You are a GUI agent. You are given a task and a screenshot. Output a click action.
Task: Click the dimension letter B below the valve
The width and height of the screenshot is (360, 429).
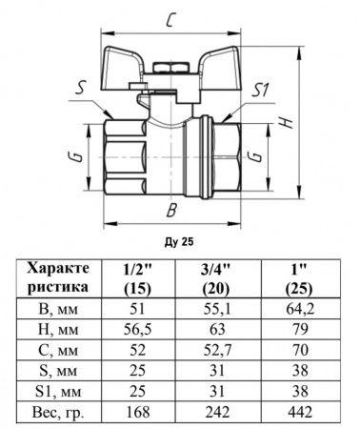tap(171, 210)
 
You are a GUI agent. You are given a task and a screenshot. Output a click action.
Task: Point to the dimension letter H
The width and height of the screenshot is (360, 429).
tap(287, 122)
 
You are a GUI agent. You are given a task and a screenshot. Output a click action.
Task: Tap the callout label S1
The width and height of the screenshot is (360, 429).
tap(260, 92)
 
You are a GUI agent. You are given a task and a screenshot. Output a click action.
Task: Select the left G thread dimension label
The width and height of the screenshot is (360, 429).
tap(78, 157)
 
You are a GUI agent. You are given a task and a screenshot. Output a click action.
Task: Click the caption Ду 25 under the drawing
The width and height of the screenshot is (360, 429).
tap(179, 242)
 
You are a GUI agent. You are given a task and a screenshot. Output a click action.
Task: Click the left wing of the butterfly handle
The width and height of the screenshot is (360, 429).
tap(122, 68)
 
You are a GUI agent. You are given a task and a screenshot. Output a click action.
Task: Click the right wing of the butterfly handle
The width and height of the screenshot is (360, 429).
tap(222, 68)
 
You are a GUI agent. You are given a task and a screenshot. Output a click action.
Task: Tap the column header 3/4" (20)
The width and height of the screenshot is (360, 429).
tap(217, 278)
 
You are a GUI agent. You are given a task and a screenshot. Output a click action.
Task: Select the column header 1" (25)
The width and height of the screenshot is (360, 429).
tap(299, 278)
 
